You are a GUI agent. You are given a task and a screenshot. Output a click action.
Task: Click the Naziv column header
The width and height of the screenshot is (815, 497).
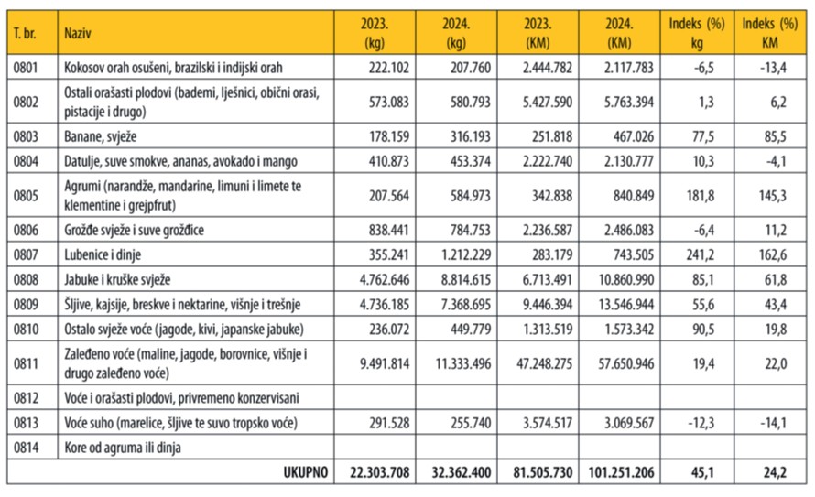coord(78,33)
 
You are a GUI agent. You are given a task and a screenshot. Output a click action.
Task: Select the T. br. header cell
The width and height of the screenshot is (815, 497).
coord(25,33)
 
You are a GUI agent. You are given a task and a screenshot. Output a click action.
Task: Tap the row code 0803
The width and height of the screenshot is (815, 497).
coord(26,136)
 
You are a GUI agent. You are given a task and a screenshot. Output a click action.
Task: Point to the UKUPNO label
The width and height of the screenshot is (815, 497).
coord(306,472)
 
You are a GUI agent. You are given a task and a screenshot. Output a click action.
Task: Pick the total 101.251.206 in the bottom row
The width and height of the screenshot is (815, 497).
coord(621,472)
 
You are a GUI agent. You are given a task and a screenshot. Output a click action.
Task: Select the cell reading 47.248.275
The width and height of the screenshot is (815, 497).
coord(544,363)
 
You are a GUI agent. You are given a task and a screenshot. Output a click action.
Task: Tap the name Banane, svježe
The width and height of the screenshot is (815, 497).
coord(101,136)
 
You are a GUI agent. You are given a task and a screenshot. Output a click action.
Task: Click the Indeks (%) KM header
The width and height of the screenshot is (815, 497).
coord(770,33)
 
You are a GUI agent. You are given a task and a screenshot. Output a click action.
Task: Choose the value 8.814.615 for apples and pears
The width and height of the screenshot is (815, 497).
coord(466,280)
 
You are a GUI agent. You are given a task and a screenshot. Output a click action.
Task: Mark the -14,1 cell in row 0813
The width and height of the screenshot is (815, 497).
coord(774,423)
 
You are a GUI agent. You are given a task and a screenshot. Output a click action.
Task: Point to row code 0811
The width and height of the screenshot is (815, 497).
coord(26,363)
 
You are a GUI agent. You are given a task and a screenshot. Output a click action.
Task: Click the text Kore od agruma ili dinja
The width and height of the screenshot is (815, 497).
coord(123,448)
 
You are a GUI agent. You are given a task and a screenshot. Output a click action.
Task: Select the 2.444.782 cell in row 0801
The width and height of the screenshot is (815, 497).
coord(548,68)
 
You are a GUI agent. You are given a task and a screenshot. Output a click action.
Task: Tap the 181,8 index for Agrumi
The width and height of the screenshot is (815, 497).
coord(701,196)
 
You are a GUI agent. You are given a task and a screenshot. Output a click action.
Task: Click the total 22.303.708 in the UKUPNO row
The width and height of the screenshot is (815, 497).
coord(379,472)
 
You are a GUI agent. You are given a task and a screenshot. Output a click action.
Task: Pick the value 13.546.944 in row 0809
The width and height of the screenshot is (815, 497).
coord(625,304)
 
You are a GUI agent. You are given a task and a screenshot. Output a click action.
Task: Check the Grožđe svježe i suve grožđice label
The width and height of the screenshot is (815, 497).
coord(134,230)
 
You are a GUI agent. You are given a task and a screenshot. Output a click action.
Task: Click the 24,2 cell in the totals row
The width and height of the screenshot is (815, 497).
coord(775,472)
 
